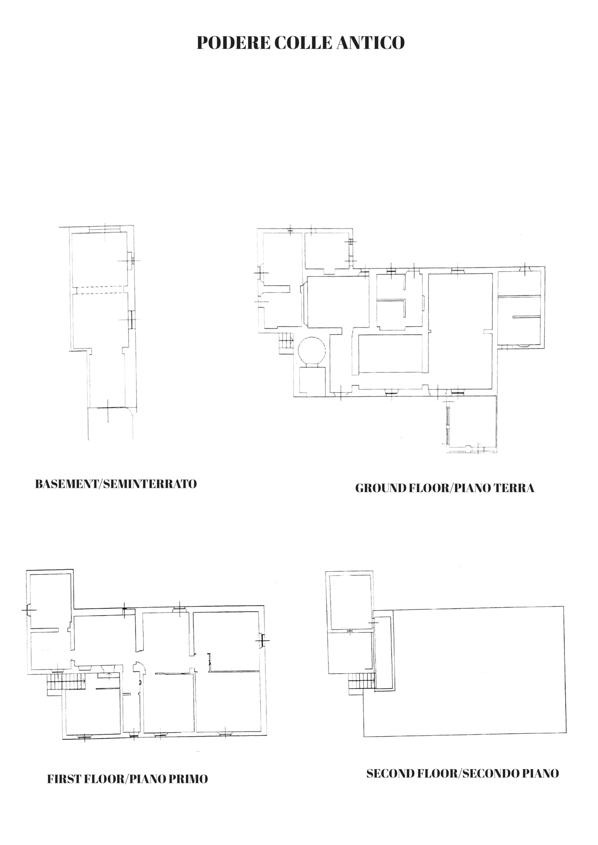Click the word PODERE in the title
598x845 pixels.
click(x=234, y=43)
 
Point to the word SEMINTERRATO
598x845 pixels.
click(x=150, y=484)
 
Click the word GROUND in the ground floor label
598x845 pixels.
click(x=380, y=488)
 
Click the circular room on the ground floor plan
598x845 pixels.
click(x=312, y=351)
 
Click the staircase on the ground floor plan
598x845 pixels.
click(x=286, y=342)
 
